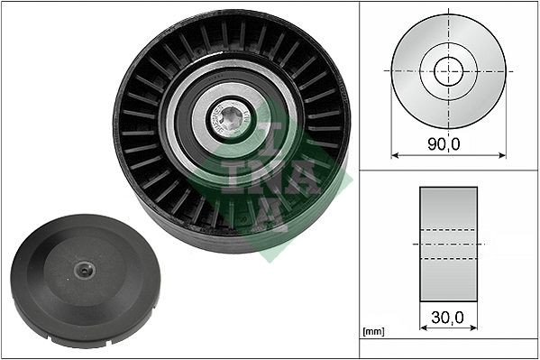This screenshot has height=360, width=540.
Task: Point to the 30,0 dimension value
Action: pyautogui.click(x=448, y=318)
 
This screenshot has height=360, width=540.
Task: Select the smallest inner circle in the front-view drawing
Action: pyautogui.click(x=448, y=70)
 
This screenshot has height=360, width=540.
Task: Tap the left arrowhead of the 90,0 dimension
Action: pyautogui.click(x=395, y=154)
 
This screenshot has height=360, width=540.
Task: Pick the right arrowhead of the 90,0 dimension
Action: pyautogui.click(x=502, y=154)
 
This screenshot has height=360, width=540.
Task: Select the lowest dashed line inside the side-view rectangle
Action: pyautogui.click(x=448, y=259)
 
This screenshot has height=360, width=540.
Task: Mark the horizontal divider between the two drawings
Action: pyautogui.click(x=448, y=171)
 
